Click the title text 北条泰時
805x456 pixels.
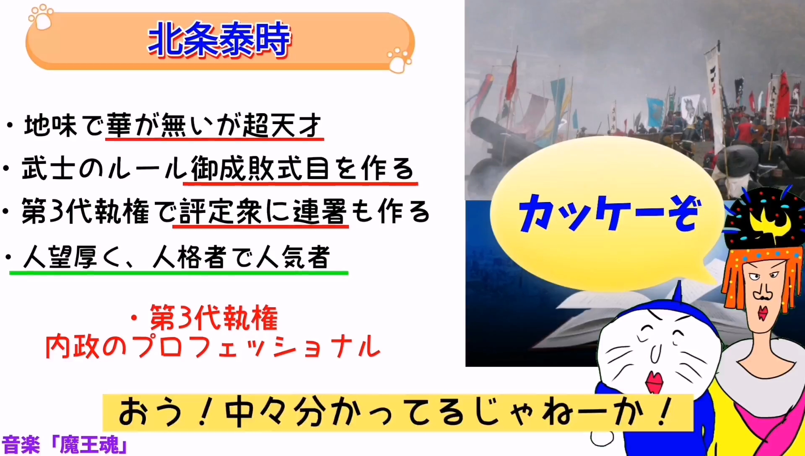click(x=219, y=39)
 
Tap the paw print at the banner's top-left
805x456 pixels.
click(x=41, y=17)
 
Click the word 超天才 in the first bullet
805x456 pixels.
click(x=282, y=125)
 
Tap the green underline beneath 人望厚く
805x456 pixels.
click(x=179, y=273)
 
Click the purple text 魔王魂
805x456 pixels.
click(x=89, y=445)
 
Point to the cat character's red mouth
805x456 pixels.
click(x=654, y=381)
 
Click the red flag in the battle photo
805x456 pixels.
click(x=511, y=80)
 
